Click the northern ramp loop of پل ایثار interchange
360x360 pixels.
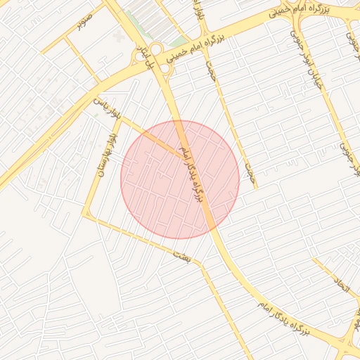[155, 49]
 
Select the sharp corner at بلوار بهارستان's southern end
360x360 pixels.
[86, 214]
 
